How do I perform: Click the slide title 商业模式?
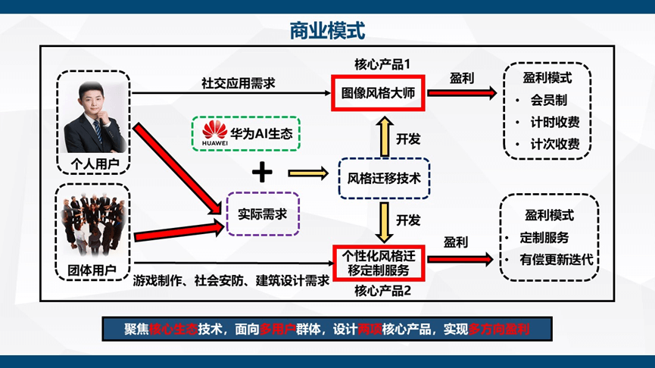point(327,30)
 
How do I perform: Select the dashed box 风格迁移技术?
point(384,179)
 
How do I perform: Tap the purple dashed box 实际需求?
point(262,214)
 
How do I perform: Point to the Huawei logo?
point(215,134)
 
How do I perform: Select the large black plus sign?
point(262,173)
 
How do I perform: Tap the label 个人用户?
point(94,164)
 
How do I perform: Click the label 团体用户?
point(94,269)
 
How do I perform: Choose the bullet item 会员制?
point(549,100)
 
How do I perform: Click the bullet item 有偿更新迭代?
point(557,260)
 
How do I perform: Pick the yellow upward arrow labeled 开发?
point(385,136)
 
